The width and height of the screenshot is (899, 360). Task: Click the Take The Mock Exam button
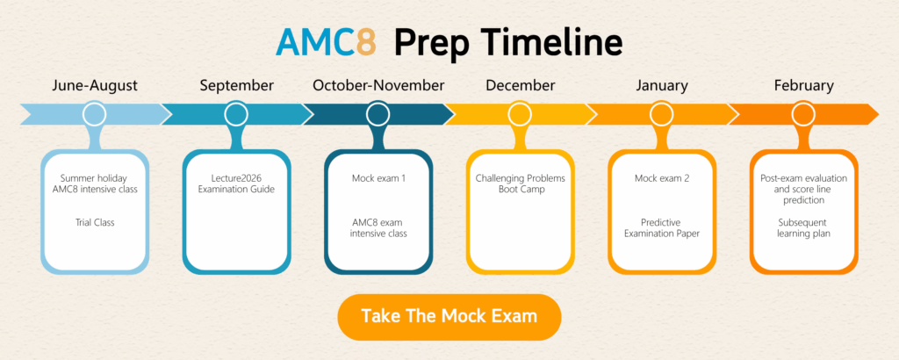click(449, 316)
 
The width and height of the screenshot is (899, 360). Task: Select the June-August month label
click(94, 85)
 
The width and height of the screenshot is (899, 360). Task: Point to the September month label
click(236, 85)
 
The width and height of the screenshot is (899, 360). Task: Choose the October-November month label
click(378, 85)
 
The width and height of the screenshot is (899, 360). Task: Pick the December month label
click(520, 85)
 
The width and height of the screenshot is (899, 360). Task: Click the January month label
click(662, 85)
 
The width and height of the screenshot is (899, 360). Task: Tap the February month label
click(803, 85)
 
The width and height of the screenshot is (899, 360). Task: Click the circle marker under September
click(236, 114)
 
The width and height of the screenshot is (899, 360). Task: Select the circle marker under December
click(520, 114)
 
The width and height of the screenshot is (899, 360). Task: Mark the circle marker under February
click(803, 114)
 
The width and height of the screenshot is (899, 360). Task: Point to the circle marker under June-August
click(94, 114)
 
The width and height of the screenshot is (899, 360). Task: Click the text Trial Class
click(94, 222)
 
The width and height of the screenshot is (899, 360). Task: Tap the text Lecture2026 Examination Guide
click(236, 184)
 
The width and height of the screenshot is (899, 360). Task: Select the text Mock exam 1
click(378, 178)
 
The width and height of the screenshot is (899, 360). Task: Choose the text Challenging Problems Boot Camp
click(520, 184)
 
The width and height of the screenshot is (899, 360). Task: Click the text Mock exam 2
click(662, 178)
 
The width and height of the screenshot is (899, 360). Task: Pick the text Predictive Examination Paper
click(662, 227)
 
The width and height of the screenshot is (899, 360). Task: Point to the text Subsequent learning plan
click(804, 227)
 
